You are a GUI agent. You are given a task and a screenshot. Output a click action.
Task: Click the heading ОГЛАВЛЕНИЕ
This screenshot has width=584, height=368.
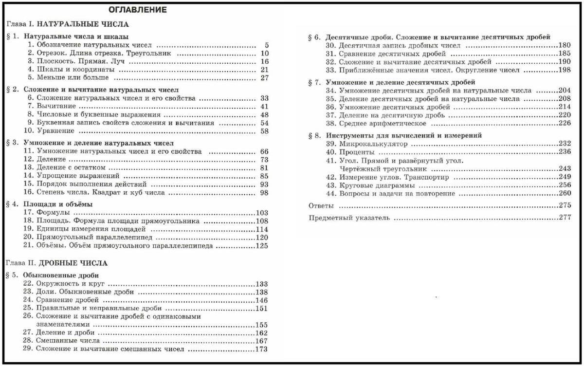coord(137,10)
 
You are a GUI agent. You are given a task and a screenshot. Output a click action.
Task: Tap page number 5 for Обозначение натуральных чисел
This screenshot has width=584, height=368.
coord(267,45)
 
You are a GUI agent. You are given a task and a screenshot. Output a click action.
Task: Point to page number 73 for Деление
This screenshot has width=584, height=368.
coord(264,159)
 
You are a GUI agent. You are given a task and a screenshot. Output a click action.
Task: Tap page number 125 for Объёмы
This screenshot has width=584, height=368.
coord(262,246)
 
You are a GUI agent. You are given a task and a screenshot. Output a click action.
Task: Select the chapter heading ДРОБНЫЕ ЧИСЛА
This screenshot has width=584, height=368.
coord(73,263)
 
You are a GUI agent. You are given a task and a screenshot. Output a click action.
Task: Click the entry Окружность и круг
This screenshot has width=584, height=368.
coord(71,284)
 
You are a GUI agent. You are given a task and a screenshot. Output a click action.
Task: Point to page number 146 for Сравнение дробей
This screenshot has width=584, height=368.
coord(262,300)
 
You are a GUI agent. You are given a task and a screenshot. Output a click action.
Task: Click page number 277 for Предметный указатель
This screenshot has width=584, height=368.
coord(565,218)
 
